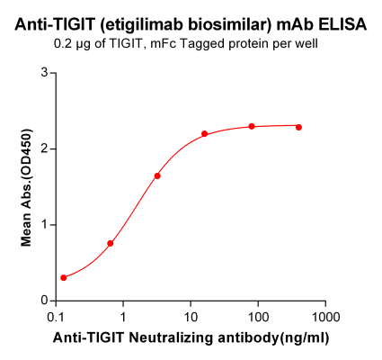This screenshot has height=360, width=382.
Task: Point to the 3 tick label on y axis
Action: pyautogui.click(x=44, y=73)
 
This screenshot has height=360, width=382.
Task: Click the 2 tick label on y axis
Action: pyautogui.click(x=44, y=148)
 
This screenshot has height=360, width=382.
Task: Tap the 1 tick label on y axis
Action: pyautogui.click(x=44, y=225)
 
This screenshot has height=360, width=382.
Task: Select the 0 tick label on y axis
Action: pyautogui.click(x=44, y=301)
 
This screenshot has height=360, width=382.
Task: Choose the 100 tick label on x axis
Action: pyautogui.click(x=258, y=317)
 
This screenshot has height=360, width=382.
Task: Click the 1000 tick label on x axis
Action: pyautogui.click(x=325, y=317)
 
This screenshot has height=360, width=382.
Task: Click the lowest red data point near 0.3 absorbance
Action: pyautogui.click(x=64, y=278)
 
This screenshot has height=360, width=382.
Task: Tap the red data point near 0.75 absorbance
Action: pyautogui.click(x=111, y=243)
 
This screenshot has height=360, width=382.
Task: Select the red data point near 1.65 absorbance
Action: pyautogui.click(x=157, y=175)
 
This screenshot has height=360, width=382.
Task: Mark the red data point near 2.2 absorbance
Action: pyautogui.click(x=205, y=134)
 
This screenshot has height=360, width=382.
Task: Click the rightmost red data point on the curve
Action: pyautogui.click(x=298, y=127)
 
